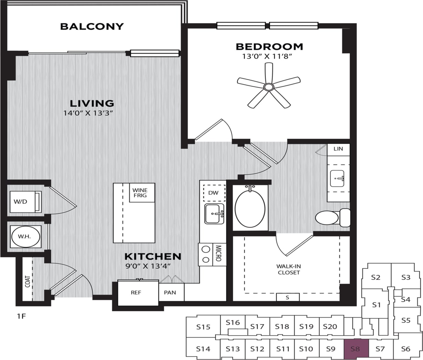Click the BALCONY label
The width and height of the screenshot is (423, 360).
(92, 27)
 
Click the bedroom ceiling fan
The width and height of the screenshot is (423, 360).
(268, 87)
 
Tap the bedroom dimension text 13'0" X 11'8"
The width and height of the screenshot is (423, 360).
(269, 56)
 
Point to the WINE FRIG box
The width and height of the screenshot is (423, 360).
(140, 193)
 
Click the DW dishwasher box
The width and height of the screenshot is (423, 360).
(213, 193)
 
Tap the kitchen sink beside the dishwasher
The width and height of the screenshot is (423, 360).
(214, 214)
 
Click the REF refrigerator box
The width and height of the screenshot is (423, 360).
(136, 293)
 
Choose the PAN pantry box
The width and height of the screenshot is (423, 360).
(170, 293)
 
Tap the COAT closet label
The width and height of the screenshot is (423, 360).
(27, 281)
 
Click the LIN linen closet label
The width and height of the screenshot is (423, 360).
(338, 149)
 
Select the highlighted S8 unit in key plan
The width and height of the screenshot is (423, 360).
(356, 348)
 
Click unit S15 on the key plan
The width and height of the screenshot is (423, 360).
(203, 327)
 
